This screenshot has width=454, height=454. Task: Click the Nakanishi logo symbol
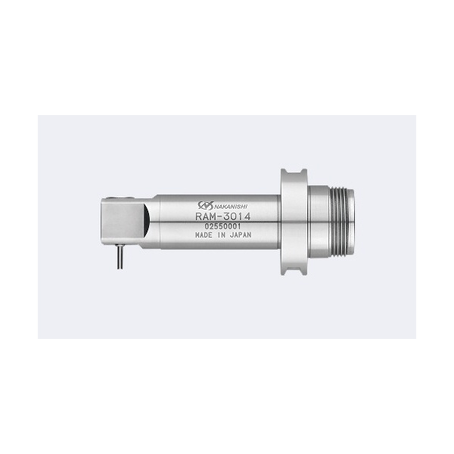click(206, 205)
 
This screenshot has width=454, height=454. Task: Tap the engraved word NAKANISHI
click(231, 206)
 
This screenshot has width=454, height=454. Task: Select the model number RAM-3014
click(223, 216)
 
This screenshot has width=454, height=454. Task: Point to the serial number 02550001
click(222, 226)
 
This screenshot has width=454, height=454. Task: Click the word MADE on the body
click(204, 235)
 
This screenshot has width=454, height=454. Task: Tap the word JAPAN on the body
click(241, 235)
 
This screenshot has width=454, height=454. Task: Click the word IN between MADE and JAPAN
click(221, 235)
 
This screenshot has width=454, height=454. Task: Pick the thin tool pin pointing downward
click(120, 257)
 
